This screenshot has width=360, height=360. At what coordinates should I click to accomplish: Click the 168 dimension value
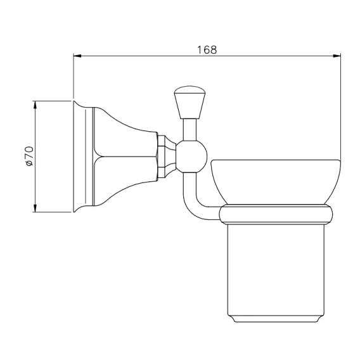tap(207, 49)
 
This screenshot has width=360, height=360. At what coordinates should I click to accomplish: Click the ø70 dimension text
tap(30, 156)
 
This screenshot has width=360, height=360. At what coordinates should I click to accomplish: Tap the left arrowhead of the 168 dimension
tap(77, 56)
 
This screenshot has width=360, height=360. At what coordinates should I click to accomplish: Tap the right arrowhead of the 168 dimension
tap(337, 56)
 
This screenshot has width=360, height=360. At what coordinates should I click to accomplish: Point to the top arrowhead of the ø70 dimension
tap(35, 105)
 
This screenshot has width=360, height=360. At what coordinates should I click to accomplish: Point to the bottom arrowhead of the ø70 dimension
tap(35, 208)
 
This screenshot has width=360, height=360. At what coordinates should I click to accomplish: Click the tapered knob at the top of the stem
tap(190, 103)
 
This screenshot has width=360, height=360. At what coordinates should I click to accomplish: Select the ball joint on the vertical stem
tap(191, 157)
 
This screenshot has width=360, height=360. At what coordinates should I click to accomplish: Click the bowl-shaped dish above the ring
tap(276, 182)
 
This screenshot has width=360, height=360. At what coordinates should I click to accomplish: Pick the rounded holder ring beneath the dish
tap(276, 214)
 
